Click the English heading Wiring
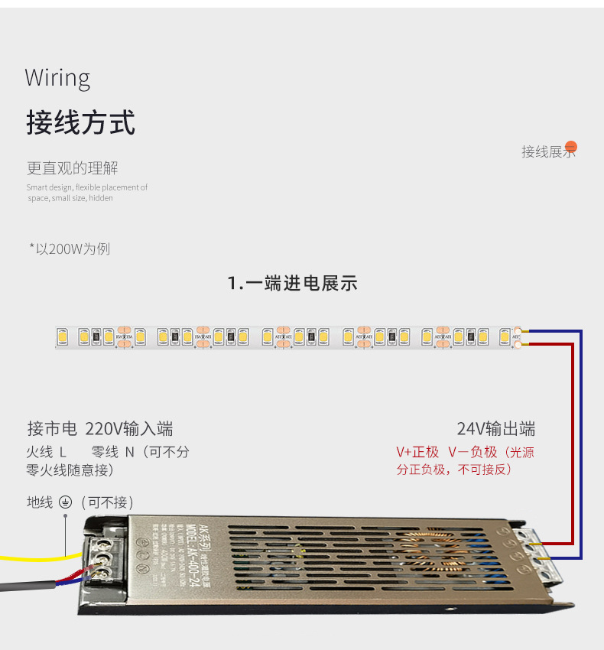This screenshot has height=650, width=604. pyautogui.click(x=57, y=78)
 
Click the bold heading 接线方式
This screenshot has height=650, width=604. pyautogui.click(x=80, y=122)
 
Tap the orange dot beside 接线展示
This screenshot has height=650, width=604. pyautogui.click(x=570, y=148)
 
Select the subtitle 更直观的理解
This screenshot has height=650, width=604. pyautogui.click(x=73, y=168)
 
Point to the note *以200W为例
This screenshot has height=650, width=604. pyautogui.click(x=70, y=249)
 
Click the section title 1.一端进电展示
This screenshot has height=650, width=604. pyautogui.click(x=292, y=284)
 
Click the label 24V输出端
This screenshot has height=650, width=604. pyautogui.click(x=495, y=428)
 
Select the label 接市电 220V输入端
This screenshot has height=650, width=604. pyautogui.click(x=100, y=428)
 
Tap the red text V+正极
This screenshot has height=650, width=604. pyautogui.click(x=417, y=452)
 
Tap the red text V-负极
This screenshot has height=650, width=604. pyautogui.click(x=472, y=452)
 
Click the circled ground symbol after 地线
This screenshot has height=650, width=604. pyautogui.click(x=65, y=502)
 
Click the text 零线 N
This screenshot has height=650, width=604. pyautogui.click(x=113, y=452)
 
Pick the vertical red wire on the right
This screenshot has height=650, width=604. pyautogui.click(x=572, y=444)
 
